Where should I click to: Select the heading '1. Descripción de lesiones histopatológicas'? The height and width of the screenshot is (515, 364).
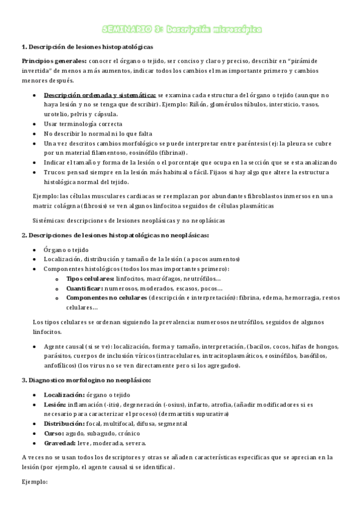88,47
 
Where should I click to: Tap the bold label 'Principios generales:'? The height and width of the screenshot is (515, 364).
53,61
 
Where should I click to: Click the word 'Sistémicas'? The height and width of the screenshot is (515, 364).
50,220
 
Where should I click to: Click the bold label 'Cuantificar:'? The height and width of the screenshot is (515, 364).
84,288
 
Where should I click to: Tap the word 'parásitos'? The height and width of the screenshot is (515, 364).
58,355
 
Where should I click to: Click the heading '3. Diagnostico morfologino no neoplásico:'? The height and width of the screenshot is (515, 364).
86,380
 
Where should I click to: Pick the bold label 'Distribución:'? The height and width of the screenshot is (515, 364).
64,423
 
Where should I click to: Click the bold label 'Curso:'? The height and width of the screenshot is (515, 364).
56,433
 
